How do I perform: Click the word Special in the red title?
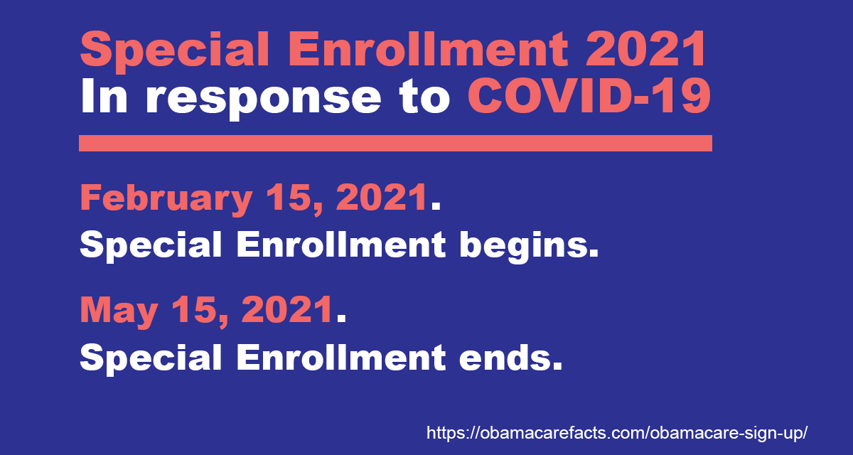point(175,50)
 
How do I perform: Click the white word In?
point(104,95)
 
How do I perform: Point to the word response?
point(264,100)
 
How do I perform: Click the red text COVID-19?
point(589,95)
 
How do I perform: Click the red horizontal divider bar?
point(395,143)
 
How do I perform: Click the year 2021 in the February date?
point(381,197)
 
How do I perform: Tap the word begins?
point(529,246)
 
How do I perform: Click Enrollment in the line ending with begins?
point(340,244)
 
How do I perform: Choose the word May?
point(119,311)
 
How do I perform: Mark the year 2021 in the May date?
point(287,309)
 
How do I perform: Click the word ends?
point(510,357)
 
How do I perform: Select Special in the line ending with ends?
point(151,358)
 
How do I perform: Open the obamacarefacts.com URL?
point(616,433)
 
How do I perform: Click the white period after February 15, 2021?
point(436,207)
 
